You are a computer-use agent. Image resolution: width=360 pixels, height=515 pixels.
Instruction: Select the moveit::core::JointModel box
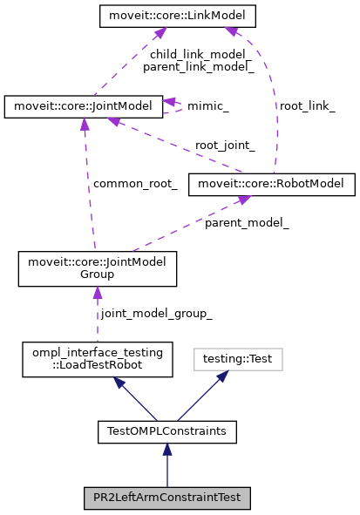click(83, 106)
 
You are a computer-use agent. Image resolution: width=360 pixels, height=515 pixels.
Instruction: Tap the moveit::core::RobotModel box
click(275, 184)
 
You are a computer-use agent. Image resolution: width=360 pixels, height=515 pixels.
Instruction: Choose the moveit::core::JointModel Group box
click(98, 268)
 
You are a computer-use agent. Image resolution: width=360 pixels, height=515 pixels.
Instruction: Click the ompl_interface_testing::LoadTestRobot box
click(96, 360)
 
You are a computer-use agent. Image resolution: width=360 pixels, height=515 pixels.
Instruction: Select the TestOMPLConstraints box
click(167, 430)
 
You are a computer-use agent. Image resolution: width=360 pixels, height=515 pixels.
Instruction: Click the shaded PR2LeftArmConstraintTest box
click(167, 498)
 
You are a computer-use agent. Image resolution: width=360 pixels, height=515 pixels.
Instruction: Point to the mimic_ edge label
click(208, 106)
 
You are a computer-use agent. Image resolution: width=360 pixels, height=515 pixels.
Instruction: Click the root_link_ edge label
click(306, 105)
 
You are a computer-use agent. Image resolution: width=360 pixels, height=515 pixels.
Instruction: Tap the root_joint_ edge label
click(225, 146)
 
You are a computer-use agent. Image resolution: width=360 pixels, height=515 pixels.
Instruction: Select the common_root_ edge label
click(135, 184)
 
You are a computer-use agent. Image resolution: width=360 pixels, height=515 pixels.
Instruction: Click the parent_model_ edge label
click(247, 223)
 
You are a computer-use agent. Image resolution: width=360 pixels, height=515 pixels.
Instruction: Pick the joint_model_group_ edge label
click(156, 313)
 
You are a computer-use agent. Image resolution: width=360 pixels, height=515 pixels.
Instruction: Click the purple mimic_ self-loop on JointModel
click(177, 105)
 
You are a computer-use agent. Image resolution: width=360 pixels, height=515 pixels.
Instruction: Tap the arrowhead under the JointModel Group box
click(97, 294)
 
